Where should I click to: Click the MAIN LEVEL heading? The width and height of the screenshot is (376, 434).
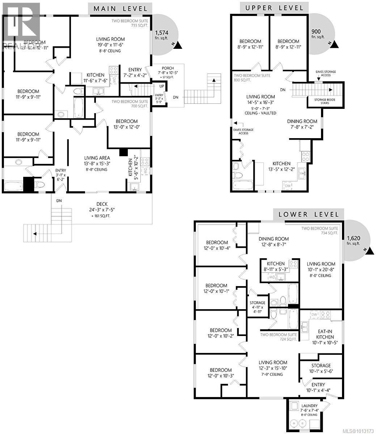point(121,9)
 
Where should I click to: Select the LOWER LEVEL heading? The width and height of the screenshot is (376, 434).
point(309,214)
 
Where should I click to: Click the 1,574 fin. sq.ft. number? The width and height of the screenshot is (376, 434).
point(161,32)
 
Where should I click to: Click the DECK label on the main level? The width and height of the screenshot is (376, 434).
point(102,204)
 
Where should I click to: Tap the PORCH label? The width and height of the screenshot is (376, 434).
point(168,68)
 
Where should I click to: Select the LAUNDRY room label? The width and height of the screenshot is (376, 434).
point(309,406)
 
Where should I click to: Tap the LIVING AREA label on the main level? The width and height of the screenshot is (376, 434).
point(97,158)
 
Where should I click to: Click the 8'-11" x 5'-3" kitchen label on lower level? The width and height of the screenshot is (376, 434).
point(276,269)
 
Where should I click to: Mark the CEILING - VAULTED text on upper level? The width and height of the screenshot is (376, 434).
point(260,113)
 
